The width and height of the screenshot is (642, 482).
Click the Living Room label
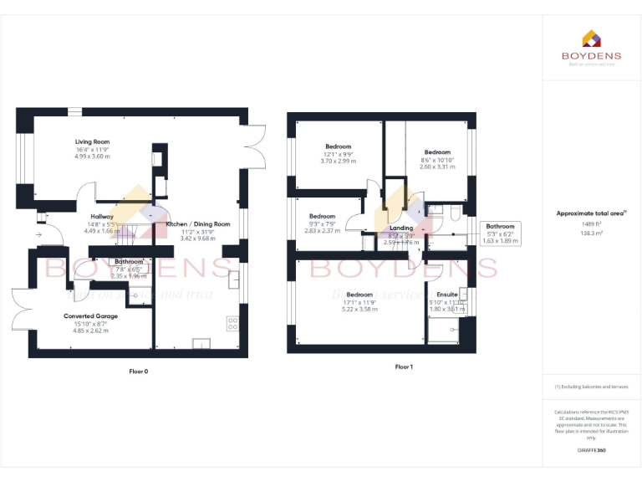(x=92, y=142)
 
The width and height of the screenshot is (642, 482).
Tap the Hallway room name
(x=102, y=216)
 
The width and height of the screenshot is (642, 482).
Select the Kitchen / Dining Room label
(x=197, y=224)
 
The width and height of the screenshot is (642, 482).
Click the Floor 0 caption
(x=138, y=371)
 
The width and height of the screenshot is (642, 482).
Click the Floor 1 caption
(x=404, y=367)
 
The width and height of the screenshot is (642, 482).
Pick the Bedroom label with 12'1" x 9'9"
(x=338, y=146)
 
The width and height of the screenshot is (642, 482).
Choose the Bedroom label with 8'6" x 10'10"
(x=437, y=152)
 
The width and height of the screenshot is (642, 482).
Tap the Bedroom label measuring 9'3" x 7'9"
(x=322, y=216)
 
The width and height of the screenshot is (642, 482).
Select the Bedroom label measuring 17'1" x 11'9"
(x=359, y=295)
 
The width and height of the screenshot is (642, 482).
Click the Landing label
(x=401, y=228)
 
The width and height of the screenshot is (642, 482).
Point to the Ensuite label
(x=447, y=295)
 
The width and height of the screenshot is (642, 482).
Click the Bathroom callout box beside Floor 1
(x=501, y=233)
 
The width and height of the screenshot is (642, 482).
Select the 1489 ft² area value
(x=591, y=224)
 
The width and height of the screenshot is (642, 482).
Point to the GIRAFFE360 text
(x=591, y=451)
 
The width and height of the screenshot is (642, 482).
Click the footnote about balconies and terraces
(x=591, y=387)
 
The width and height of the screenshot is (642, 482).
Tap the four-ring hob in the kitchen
(x=232, y=322)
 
